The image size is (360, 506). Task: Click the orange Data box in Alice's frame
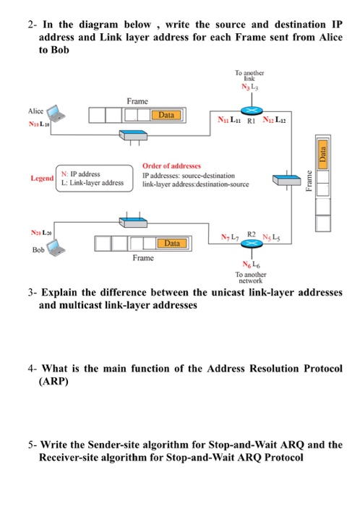(167, 116)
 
